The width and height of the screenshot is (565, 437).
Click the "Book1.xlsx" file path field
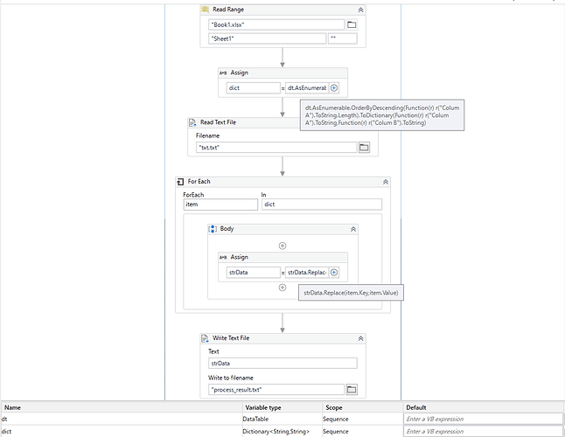coord(276,24)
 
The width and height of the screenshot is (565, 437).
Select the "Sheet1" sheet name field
coord(267,38)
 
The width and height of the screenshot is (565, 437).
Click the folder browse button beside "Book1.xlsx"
coord(352,24)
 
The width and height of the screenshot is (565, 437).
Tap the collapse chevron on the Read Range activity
coord(360,10)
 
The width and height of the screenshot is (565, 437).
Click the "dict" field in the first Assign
coord(254,87)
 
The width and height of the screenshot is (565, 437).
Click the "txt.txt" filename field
coord(276,147)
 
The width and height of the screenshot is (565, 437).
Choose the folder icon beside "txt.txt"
coord(364,147)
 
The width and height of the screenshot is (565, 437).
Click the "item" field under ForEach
coord(220,205)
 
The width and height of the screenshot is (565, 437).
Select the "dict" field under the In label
coord(322,205)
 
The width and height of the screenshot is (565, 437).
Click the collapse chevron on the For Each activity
coord(386,182)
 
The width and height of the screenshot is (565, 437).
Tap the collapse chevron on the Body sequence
coord(353,229)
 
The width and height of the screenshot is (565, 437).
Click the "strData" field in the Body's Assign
coord(254,273)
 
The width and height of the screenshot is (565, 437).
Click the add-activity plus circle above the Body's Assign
coord(282,246)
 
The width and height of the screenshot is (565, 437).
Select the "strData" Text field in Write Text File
coord(282,364)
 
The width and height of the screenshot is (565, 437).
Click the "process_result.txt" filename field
coord(276,390)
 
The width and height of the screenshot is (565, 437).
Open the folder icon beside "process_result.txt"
coord(352,390)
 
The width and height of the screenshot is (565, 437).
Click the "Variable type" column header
coord(263,407)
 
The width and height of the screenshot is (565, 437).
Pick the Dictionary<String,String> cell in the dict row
coord(276,431)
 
